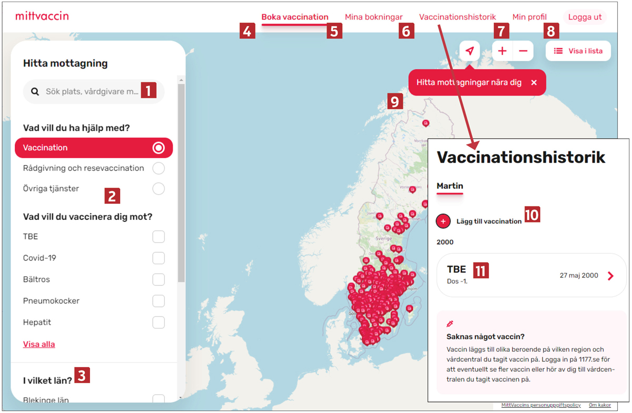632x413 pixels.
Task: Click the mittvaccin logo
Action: [x=42, y=16]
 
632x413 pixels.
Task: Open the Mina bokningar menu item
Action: [x=373, y=17]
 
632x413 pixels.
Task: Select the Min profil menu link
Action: [x=529, y=17]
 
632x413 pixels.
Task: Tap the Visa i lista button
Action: [x=578, y=51]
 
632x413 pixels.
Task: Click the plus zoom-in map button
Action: [x=502, y=51]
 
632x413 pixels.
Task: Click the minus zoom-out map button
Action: [x=523, y=51]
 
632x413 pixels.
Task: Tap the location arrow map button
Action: [x=469, y=51]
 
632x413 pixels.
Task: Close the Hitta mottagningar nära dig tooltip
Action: [x=534, y=82]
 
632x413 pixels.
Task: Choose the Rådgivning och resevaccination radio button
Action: [x=159, y=168]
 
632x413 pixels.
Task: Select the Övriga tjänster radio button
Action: [x=159, y=188]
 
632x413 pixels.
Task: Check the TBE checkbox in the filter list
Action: [x=159, y=237]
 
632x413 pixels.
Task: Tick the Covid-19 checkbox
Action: [x=159, y=258]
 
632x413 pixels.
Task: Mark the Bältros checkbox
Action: [x=159, y=280]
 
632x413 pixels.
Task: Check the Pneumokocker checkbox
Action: [x=159, y=301]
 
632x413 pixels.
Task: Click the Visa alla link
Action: [x=39, y=344]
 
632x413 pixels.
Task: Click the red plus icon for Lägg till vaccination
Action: [x=443, y=221]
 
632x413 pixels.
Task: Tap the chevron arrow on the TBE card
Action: [x=610, y=276]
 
